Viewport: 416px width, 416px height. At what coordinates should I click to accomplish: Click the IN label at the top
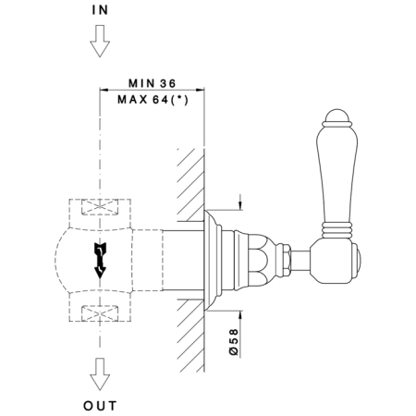[100, 10]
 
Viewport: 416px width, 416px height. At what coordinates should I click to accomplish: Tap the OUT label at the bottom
[100, 406]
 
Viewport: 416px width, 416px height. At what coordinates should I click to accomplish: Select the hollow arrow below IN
[100, 41]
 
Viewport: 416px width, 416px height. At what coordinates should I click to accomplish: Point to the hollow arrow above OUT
[100, 374]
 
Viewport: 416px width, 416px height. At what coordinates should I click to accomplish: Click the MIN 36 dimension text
[152, 83]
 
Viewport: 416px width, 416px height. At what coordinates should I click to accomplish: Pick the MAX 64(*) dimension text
[153, 100]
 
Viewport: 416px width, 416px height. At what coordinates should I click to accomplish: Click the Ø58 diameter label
[235, 342]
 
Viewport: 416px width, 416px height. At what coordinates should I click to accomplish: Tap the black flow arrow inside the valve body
[100, 261]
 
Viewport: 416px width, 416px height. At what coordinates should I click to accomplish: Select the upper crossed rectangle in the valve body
[100, 207]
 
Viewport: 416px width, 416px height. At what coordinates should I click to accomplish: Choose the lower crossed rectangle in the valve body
[100, 313]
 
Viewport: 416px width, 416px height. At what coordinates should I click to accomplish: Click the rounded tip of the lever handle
[336, 116]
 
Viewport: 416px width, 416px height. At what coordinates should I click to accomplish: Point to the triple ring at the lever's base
[336, 230]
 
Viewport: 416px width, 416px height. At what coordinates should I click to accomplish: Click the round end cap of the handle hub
[357, 260]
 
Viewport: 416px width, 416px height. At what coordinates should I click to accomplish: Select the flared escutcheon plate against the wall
[213, 260]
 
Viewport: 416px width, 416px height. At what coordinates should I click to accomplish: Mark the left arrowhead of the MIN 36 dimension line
[104, 90]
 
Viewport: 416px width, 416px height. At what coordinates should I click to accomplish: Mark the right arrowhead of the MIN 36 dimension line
[200, 90]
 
